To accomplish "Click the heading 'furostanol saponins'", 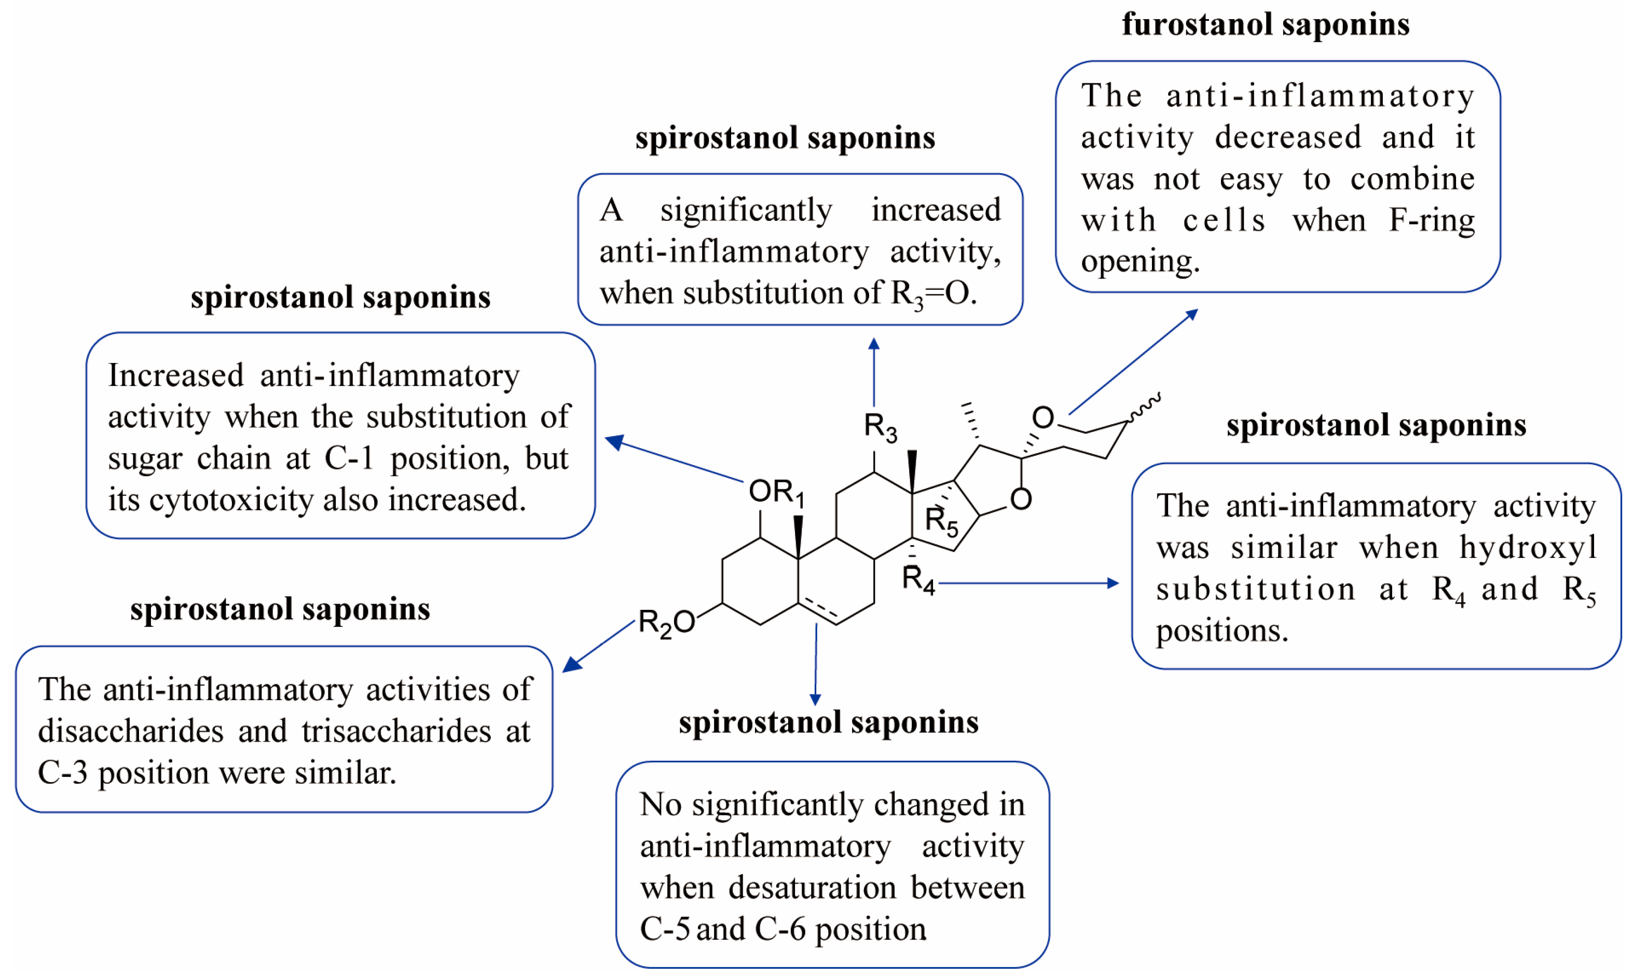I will tap(1265, 25).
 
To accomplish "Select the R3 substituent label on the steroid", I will tap(880, 427).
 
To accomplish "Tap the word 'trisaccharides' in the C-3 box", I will tap(396, 731).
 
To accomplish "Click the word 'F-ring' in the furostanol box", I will tap(1431, 220).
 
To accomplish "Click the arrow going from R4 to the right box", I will tap(1027, 583).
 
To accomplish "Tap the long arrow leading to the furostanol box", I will tap(1133, 361).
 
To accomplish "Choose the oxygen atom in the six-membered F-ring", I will tap(1042, 417).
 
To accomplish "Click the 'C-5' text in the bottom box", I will tap(664, 929).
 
